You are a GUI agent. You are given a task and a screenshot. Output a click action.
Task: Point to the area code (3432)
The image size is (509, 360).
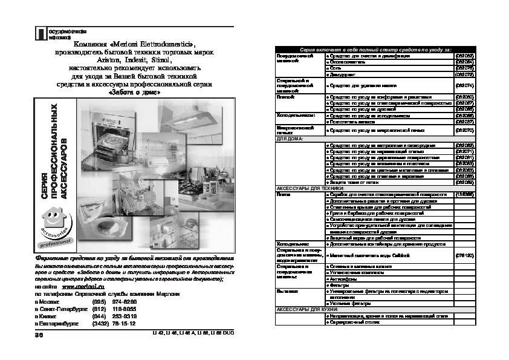[100, 323]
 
